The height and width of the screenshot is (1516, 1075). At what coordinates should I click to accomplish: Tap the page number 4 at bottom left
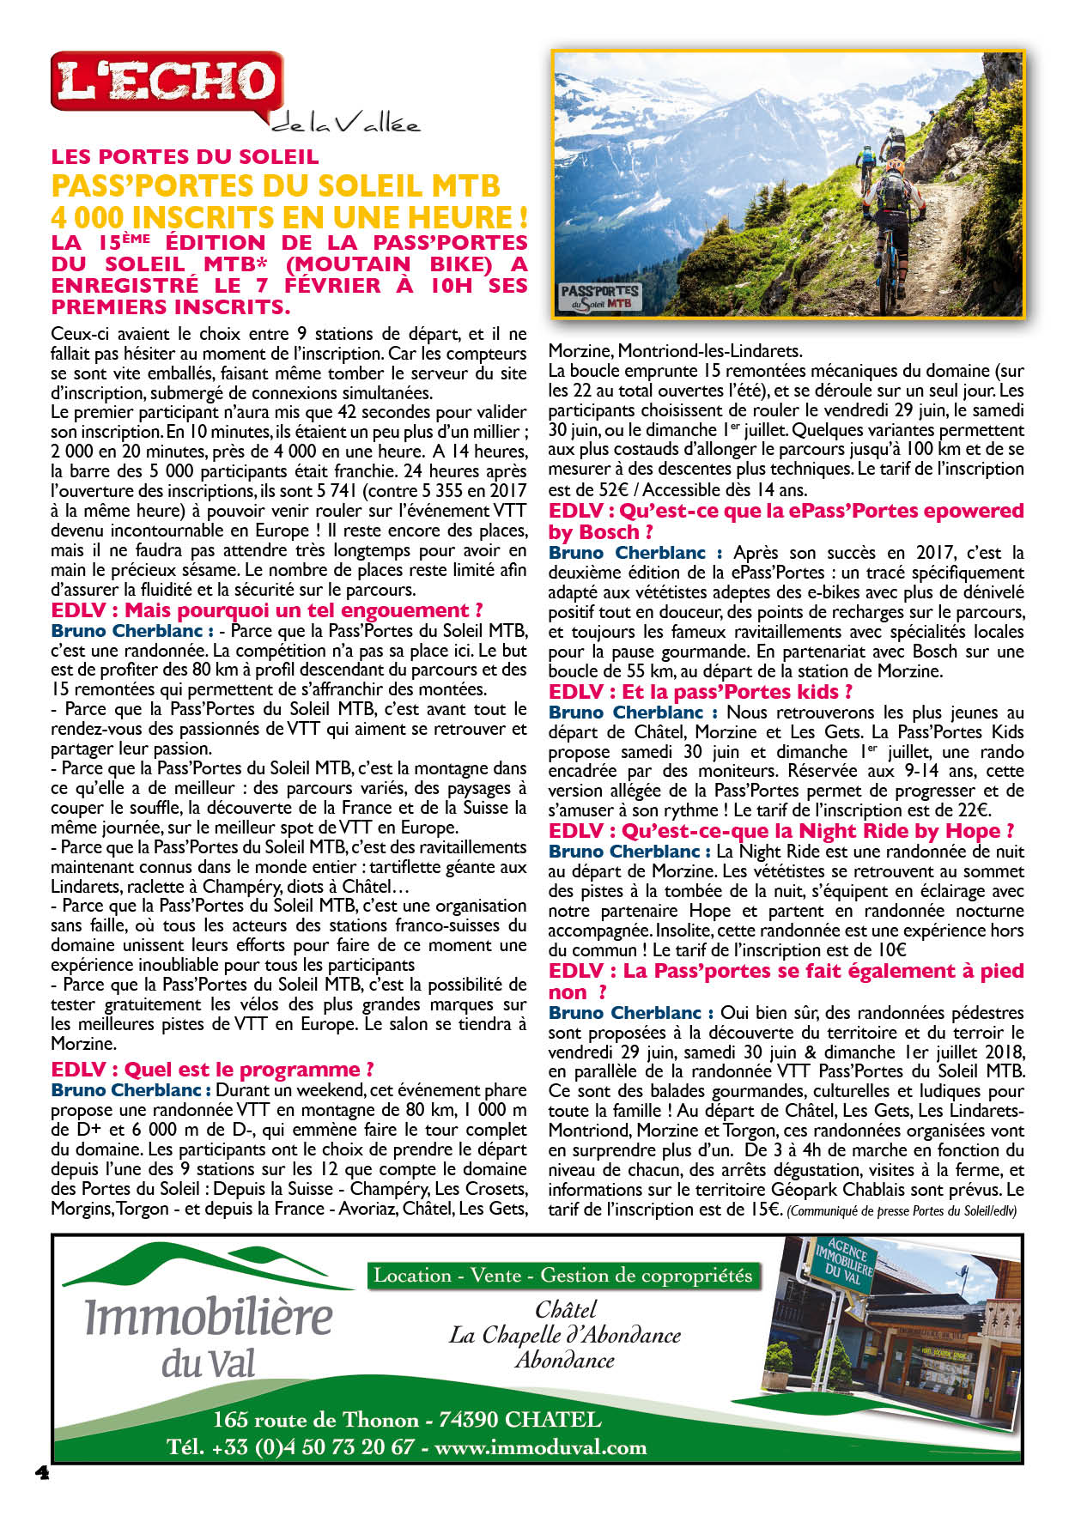pos(42,1472)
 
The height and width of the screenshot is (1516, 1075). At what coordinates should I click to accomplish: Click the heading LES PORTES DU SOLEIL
pos(185,157)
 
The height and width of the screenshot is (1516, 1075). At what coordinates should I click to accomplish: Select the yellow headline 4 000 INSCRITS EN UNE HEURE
pos(288,216)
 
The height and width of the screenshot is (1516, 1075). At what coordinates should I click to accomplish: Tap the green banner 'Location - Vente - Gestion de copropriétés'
pos(562,1276)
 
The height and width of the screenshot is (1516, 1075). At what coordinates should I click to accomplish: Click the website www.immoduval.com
pos(540,1447)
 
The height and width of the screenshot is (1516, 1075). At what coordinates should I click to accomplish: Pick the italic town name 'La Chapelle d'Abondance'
pos(564,1335)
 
